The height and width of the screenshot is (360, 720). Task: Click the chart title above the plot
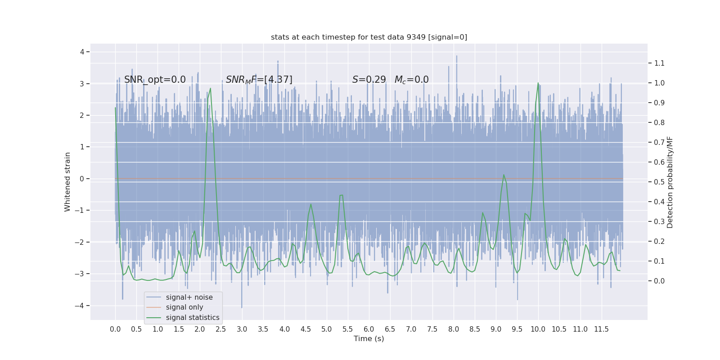[x=369, y=37]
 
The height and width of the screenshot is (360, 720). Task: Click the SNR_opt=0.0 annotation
[x=155, y=80]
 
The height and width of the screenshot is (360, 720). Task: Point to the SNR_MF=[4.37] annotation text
[x=259, y=80]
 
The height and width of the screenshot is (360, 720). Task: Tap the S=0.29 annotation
[x=369, y=80]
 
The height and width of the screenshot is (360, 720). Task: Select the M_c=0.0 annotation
[x=411, y=80]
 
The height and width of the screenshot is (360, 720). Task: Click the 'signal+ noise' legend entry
[x=189, y=297]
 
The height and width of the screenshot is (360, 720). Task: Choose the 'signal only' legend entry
[x=184, y=307]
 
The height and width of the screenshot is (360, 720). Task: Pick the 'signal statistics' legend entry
[x=193, y=318]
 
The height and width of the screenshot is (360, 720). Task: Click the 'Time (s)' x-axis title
[x=369, y=339]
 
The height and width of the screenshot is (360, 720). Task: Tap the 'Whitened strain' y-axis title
[x=67, y=182]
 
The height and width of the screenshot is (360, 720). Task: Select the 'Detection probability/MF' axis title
[x=670, y=182]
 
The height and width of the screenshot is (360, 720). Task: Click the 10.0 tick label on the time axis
[x=538, y=329]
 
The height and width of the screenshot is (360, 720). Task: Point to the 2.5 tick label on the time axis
[x=221, y=329]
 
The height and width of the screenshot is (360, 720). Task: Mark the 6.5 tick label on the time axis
[x=390, y=329]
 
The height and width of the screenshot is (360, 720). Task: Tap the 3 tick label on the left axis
[x=82, y=84]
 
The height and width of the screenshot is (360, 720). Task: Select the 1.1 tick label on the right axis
[x=659, y=63]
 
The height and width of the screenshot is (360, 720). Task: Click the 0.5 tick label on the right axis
[x=659, y=182]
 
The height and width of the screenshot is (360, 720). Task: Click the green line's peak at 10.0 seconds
[x=538, y=83]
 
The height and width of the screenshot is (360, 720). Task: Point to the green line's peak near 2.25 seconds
[x=210, y=89]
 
